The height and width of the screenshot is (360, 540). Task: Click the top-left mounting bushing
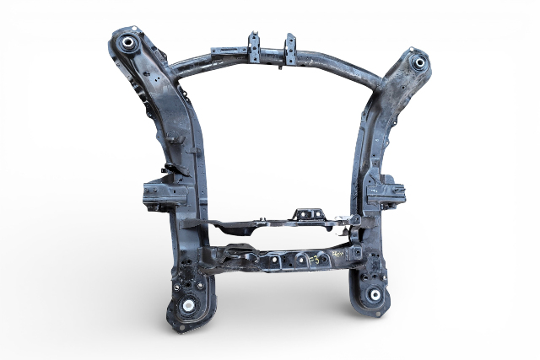tap(129, 42)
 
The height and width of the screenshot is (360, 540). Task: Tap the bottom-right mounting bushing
tap(373, 295)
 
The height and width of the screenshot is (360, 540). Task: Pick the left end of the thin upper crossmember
tap(194, 224)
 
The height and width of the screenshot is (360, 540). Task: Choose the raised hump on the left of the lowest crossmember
tap(234, 250)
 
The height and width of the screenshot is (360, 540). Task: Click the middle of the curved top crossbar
tap(270, 56)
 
